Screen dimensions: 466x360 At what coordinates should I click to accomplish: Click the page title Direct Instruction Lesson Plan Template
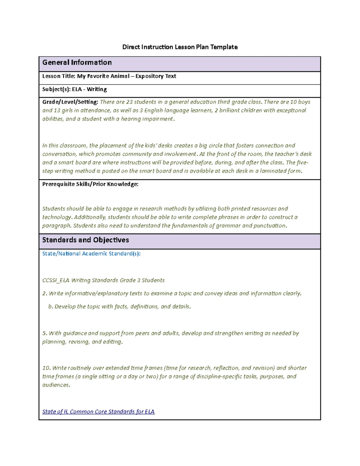pyautogui.click(x=180, y=47)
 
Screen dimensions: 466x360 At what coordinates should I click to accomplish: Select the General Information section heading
pyautogui.click(x=77, y=62)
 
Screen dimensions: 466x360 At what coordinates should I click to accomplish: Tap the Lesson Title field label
pyautogui.click(x=58, y=76)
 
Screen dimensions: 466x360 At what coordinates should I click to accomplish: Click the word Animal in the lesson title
pyautogui.click(x=120, y=76)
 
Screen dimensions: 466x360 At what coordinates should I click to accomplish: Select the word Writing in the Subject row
pyautogui.click(x=97, y=89)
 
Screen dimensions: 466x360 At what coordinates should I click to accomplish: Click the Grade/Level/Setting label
pyautogui.click(x=70, y=102)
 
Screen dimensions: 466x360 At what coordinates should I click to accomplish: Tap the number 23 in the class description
pyautogui.click(x=129, y=102)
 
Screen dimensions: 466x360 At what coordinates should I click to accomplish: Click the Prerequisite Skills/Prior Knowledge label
pyautogui.click(x=90, y=184)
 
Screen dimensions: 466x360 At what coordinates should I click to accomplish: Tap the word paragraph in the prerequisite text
pyautogui.click(x=56, y=226)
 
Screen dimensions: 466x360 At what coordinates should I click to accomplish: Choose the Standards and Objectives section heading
pyautogui.click(x=85, y=240)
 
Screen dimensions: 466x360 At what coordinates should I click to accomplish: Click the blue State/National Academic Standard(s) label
pyautogui.click(x=91, y=254)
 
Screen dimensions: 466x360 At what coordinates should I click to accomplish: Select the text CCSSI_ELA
pyautogui.click(x=56, y=280)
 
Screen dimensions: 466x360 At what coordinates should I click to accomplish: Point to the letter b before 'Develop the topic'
pyautogui.click(x=50, y=307)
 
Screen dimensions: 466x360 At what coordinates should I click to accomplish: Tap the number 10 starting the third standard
pyautogui.click(x=46, y=368)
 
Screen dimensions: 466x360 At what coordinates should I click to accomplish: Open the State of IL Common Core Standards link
pyautogui.click(x=98, y=412)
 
